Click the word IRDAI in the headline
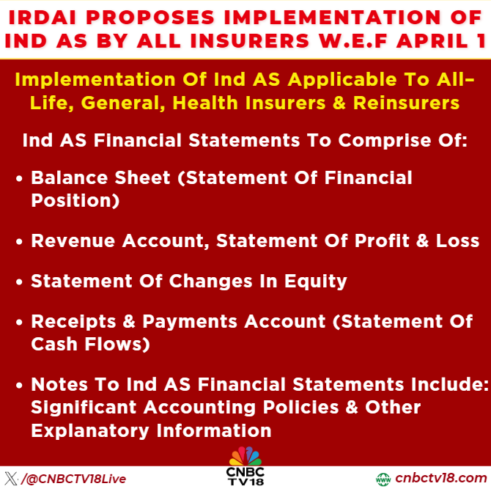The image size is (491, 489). pos(46,15)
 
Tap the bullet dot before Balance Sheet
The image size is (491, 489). pos(20,178)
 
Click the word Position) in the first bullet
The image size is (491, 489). pos(75,200)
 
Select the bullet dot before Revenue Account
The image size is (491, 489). pos(20,241)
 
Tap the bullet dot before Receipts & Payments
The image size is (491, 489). pos(20,322)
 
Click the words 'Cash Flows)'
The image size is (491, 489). pos(90,344)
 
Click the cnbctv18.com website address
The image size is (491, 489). pos(440,478)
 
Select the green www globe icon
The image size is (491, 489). pos(383,479)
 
